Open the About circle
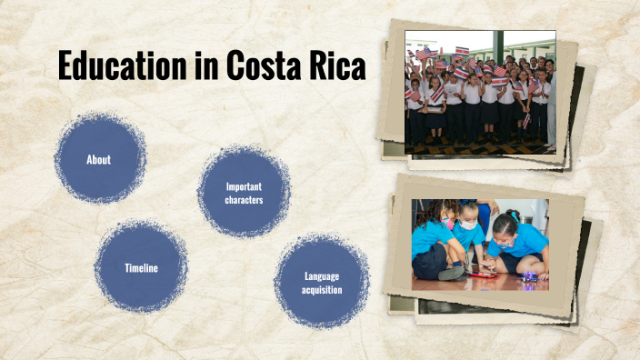[99, 159]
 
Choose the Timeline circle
[141, 267]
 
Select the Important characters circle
[244, 192]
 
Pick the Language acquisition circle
[322, 282]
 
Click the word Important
[244, 186]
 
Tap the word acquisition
[322, 290]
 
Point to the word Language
[322, 275]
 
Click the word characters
[244, 198]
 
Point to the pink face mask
[446, 223]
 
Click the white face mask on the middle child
[468, 224]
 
